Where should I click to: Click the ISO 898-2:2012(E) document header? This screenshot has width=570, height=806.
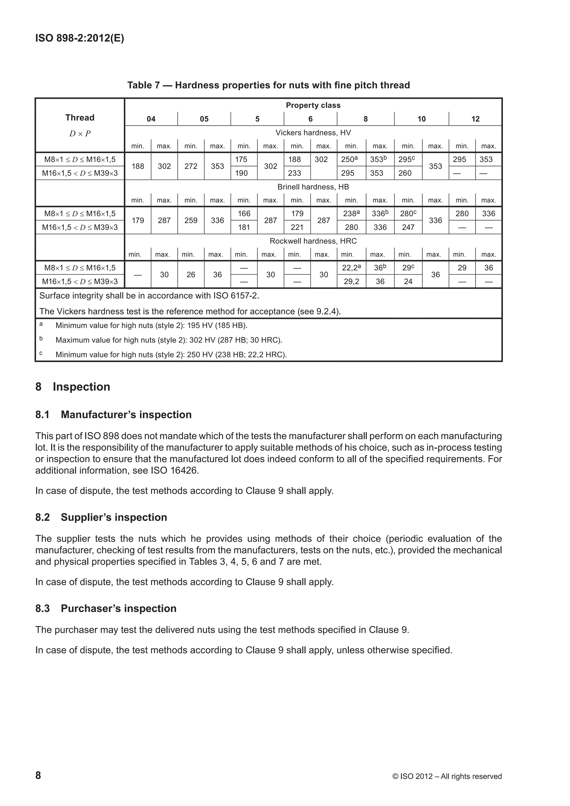coord(80,38)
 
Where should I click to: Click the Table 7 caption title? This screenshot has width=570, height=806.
coord(269,85)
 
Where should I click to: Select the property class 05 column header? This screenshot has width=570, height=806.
coord(204,119)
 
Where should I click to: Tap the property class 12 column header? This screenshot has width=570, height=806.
coord(475,119)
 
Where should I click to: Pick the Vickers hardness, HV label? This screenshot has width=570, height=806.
coord(313,133)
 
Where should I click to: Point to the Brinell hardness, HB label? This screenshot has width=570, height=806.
coord(313,187)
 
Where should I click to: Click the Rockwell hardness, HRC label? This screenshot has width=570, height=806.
coord(313,241)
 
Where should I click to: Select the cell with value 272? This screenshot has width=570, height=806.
coord(191,166)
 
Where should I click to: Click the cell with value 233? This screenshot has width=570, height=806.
coord(297,173)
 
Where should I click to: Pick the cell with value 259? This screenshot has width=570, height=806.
coord(191,220)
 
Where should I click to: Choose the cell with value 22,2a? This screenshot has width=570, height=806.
coord(351,268)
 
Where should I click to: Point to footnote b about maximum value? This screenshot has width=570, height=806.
coord(168,340)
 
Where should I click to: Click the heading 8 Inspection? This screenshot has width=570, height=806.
coord(73,387)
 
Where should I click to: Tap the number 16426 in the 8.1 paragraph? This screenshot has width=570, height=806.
coord(185,470)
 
